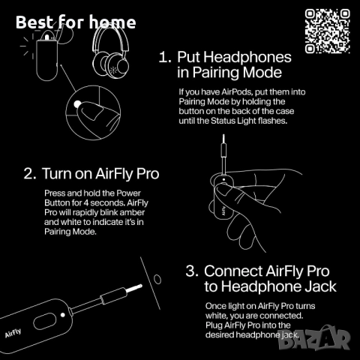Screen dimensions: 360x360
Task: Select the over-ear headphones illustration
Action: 115,52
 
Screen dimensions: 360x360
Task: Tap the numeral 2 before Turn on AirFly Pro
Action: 28,173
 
